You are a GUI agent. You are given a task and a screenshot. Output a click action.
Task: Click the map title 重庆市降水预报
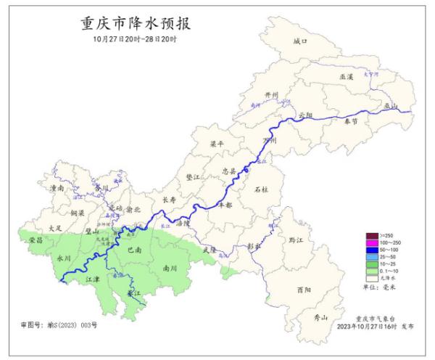click(134, 23)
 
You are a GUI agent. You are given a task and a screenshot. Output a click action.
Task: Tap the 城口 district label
click(300, 42)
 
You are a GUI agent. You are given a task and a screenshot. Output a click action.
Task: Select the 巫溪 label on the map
click(347, 75)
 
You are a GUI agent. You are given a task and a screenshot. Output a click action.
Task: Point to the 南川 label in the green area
click(170, 267)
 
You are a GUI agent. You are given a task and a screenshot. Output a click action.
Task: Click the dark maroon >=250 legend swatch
click(372, 235)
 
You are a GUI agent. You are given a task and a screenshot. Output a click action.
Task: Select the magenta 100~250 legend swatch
click(372, 242)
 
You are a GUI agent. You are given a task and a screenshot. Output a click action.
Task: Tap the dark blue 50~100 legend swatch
click(372, 250)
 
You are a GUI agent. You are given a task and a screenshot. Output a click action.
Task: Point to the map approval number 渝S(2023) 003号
click(59, 324)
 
